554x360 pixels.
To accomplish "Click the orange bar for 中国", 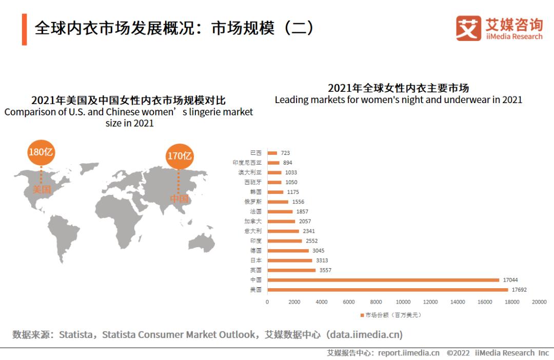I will click(383, 280).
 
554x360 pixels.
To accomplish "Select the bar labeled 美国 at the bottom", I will click(387, 290).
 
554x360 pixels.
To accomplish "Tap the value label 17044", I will click(510, 280).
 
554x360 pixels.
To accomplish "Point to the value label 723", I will click(285, 153).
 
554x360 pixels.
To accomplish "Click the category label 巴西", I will click(255, 153).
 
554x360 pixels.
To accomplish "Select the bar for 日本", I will click(289, 261).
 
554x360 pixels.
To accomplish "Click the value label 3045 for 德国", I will click(319, 251).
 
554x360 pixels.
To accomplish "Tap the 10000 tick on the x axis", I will click(403, 302).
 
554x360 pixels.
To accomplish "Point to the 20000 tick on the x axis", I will click(539, 302).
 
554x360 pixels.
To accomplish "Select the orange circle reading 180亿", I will click(41, 152).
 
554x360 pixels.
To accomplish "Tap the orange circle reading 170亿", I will click(179, 155).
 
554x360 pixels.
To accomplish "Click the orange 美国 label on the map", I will click(42, 189).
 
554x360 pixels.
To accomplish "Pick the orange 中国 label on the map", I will click(179, 198).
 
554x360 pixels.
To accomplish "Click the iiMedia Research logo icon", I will click(468, 28).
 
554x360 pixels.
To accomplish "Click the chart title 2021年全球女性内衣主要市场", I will click(398, 88).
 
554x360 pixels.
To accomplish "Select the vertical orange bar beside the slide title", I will click(24, 29).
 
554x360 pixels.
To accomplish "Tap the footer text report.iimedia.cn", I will click(408, 353).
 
